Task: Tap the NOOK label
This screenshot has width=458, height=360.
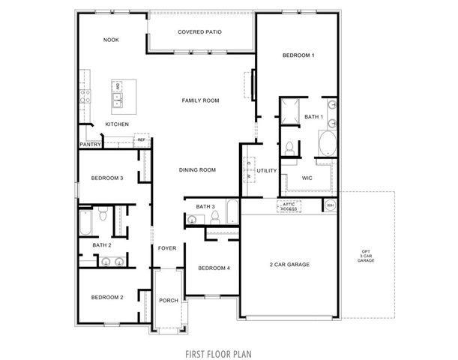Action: point(111,40)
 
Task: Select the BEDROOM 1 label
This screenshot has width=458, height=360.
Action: point(298,55)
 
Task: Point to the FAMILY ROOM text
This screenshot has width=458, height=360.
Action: point(200,100)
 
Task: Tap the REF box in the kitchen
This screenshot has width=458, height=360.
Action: point(141,139)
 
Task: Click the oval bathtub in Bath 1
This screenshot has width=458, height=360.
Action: point(327,142)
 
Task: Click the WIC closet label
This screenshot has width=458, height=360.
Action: point(307,178)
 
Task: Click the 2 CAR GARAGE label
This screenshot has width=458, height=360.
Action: point(289,264)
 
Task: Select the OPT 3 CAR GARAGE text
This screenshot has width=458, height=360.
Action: point(365,256)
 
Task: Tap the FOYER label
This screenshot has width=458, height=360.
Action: point(166,248)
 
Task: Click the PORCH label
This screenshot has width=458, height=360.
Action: point(169,300)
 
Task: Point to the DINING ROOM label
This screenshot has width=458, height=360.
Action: point(197,170)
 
